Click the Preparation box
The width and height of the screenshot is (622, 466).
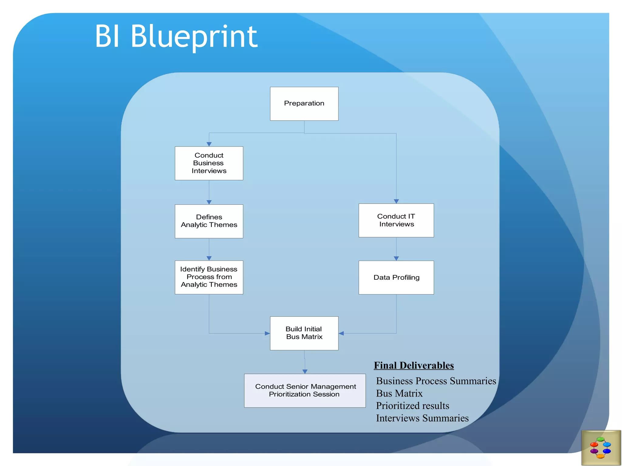pyautogui.click(x=304, y=104)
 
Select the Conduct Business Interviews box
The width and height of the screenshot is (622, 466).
pyautogui.click(x=209, y=163)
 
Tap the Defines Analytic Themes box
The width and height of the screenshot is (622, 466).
pyautogui.click(x=209, y=221)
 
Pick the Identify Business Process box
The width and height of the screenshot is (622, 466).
pyautogui.click(x=209, y=277)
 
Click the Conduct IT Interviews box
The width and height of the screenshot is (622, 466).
pyautogui.click(x=396, y=220)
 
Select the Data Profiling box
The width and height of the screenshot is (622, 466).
pyautogui.click(x=396, y=277)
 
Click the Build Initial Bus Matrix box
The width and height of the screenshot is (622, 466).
pyautogui.click(x=304, y=333)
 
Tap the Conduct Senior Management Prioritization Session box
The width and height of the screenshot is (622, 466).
pyautogui.click(x=305, y=390)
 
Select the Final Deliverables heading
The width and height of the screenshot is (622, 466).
pyautogui.click(x=414, y=365)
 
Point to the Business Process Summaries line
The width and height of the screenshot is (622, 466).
pyautogui.click(x=436, y=381)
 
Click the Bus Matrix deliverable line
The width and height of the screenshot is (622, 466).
pyautogui.click(x=399, y=393)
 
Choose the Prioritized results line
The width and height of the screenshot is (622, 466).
pyautogui.click(x=412, y=406)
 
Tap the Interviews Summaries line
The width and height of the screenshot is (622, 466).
pyautogui.click(x=422, y=418)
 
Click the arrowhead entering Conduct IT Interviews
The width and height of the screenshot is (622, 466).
pyautogui.click(x=396, y=201)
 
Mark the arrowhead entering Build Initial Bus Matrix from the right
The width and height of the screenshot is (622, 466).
pyautogui.click(x=341, y=333)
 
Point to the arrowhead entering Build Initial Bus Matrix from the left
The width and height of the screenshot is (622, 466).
pyautogui.click(x=267, y=333)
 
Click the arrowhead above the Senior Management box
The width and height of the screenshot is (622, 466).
pyautogui.click(x=305, y=371)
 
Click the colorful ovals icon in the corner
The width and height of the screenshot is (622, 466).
pyautogui.click(x=600, y=447)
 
